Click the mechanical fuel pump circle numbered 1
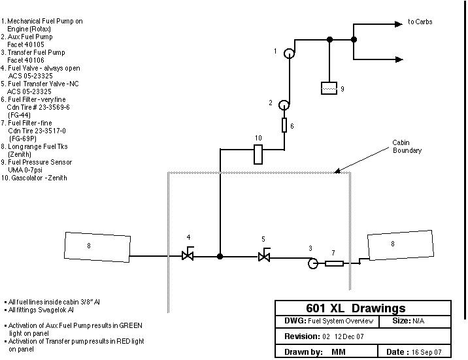[290, 54]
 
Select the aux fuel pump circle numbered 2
[284, 105]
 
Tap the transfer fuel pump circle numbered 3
[313, 263]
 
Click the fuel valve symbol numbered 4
[188, 255]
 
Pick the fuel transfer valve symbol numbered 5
[264, 255]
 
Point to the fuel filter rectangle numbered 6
[285, 125]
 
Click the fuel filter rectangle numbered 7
[334, 263]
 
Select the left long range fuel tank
[97, 246]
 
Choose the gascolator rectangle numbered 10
[258, 154]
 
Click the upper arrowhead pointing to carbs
[398, 24]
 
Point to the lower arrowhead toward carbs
[398, 59]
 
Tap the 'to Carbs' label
[420, 22]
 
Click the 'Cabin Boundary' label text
[407, 146]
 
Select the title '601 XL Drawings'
[356, 308]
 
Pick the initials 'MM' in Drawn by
[339, 352]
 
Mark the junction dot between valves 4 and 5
[220, 257]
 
